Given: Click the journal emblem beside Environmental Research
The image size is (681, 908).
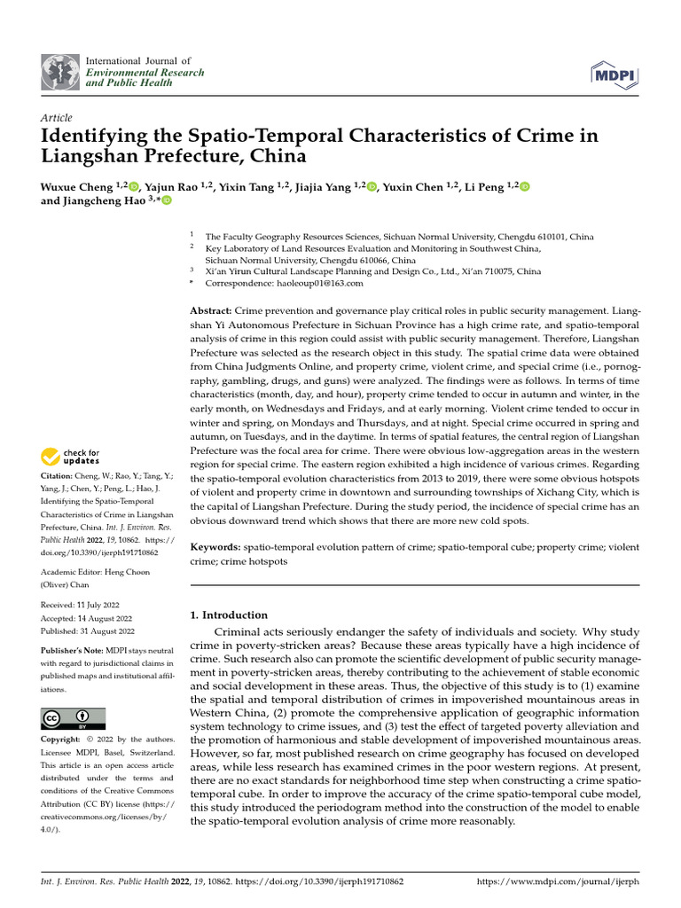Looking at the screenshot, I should pos(60,72).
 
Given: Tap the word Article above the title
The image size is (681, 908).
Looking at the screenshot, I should pos(56,118).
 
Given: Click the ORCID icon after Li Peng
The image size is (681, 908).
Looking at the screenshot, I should pos(525,186).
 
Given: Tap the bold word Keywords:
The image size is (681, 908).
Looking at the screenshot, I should pos(215,548).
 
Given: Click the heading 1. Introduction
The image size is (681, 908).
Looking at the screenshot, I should pos(230,614).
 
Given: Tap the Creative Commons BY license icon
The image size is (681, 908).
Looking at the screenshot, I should pos(73,718).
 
